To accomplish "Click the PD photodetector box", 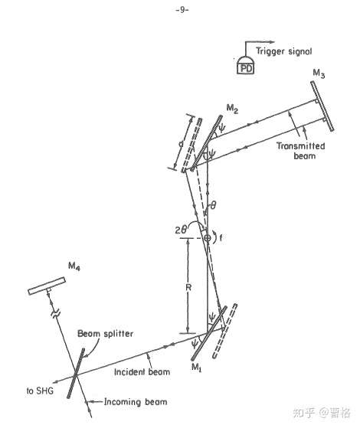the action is (x=245, y=68).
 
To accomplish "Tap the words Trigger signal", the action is (x=283, y=51).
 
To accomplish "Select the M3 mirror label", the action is (x=319, y=74).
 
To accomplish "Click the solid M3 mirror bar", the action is (x=322, y=106).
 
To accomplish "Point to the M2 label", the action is (x=232, y=109).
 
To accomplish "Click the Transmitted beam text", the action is (x=301, y=151).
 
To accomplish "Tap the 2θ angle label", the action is (x=181, y=230).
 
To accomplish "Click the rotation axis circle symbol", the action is (x=208, y=238).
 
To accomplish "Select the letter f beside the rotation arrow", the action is (x=221, y=238).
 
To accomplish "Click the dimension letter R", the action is (x=188, y=287).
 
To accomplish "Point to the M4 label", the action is (x=74, y=266).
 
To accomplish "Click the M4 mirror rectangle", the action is (x=47, y=286).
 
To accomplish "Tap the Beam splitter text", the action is (x=106, y=334).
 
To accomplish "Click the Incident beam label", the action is (x=142, y=372).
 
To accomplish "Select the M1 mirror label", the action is (x=196, y=368).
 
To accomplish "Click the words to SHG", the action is (x=40, y=390).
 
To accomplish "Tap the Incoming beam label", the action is (x=136, y=402).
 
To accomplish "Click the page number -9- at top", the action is (x=182, y=10).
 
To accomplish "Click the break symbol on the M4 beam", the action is (x=55, y=313).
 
